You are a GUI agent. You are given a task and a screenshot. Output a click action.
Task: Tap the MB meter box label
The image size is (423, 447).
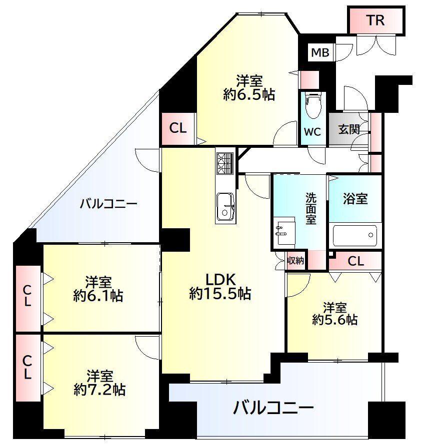click(x=320, y=52)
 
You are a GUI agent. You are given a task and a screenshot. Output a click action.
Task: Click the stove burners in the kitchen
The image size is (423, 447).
click(x=224, y=162)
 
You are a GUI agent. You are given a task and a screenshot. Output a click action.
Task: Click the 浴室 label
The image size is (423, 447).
click(x=355, y=198)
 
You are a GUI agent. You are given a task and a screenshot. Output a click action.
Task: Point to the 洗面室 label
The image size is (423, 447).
click(x=311, y=209)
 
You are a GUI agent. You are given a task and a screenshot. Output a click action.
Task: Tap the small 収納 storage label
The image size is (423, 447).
click(x=295, y=261)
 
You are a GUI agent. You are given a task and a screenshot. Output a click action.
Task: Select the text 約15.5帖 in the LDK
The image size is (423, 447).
click(x=219, y=294)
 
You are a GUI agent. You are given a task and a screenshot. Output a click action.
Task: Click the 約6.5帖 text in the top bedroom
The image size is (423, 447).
click(x=249, y=95)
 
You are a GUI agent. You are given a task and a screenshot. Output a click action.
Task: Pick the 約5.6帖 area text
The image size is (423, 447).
click(x=334, y=320)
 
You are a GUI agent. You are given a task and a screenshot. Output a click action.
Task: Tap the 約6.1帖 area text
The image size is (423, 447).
click(x=98, y=296)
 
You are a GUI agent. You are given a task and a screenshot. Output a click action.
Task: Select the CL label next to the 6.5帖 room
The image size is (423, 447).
click(x=177, y=128)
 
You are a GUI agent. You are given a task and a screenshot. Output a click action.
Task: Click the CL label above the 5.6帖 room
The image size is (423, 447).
click(x=355, y=260)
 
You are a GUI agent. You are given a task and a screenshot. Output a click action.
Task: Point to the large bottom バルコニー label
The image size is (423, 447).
click(x=274, y=408)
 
